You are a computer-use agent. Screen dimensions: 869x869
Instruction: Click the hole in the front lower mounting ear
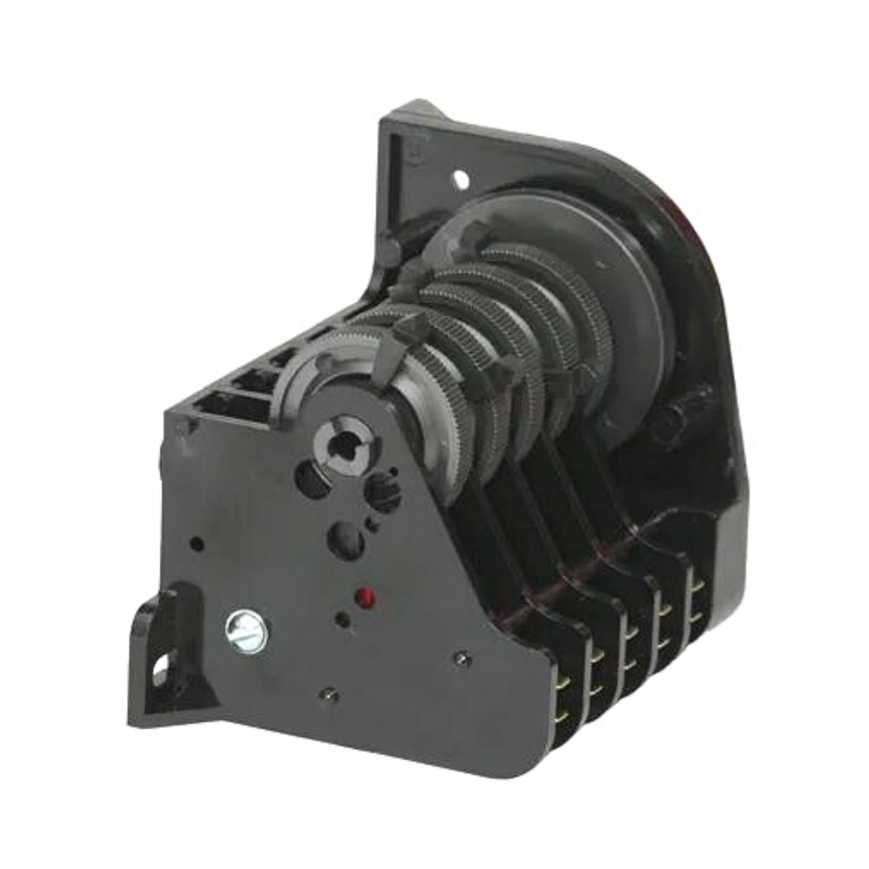163,670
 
